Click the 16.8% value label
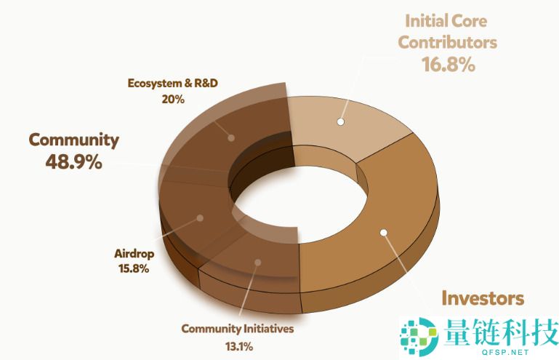point(448,65)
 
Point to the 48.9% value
point(73,161)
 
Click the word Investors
point(483,298)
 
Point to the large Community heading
point(73,139)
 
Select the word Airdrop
point(132,254)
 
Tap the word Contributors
point(448,41)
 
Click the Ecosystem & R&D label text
point(173,82)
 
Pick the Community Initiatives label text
point(237,329)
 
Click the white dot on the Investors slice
point(384,233)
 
